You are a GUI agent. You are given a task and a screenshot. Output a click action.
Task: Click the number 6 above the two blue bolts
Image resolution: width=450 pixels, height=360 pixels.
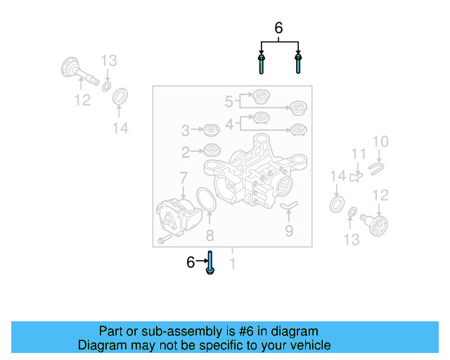click(x=278, y=29)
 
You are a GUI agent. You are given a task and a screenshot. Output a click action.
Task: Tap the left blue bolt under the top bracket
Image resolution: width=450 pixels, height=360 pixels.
click(x=262, y=63)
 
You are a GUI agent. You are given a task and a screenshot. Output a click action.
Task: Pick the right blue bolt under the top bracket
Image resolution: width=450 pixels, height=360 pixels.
click(x=298, y=63)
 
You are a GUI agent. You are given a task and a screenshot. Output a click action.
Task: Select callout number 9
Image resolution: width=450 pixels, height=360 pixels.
click(x=289, y=229)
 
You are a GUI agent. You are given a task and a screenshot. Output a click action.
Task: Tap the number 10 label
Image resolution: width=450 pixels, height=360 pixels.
click(x=380, y=143)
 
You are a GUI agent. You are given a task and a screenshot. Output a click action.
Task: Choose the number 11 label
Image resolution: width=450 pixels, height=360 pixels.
click(x=359, y=154)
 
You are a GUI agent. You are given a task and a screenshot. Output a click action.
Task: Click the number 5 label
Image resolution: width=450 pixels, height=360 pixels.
click(x=229, y=102)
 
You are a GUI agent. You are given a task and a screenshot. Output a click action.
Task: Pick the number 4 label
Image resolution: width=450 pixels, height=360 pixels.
click(x=229, y=124)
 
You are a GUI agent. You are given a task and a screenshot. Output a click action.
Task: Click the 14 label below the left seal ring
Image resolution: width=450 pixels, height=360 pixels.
click(x=120, y=127)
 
